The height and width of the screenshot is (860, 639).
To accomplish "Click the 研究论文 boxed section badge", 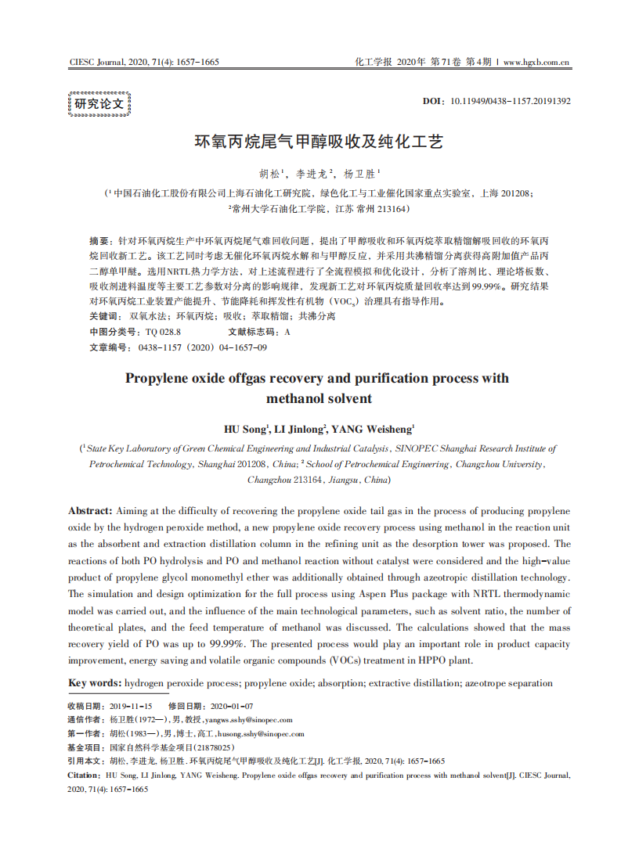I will pos(99,104).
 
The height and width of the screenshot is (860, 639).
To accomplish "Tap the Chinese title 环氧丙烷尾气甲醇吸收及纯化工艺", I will pos(319,142).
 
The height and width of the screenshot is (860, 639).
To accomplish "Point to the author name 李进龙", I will pos(313,173).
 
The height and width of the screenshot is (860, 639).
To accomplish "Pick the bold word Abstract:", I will pos(91,510).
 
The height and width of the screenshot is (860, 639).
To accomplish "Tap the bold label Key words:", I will pos(95,683).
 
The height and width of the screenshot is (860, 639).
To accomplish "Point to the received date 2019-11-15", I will pos(131,706).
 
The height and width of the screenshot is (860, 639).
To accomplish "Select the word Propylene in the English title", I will pos(160,379).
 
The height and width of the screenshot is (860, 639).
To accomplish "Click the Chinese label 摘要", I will pos(99,240).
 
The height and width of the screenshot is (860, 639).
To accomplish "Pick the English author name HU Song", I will pos(246,429).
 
